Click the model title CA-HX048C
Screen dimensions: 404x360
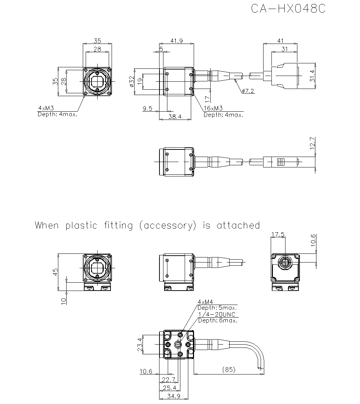pos(288,9)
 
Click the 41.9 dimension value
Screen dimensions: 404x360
pos(176,41)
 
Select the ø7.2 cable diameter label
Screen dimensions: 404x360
pos(248,91)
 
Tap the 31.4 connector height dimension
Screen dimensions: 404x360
pos(312,76)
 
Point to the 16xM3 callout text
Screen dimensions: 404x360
pos(213,108)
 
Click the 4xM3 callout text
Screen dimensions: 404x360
pos(46,108)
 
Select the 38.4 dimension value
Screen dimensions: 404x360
pos(175,117)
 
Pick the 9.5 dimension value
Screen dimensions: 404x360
pos(148,108)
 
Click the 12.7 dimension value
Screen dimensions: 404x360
pos(312,143)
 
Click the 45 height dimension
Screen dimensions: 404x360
pos(55,271)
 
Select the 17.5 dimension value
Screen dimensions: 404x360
pos(278,234)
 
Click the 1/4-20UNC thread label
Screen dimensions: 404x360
pos(217,314)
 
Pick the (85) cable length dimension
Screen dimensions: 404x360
pos(229,369)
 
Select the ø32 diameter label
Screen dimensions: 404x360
pos(131,82)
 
